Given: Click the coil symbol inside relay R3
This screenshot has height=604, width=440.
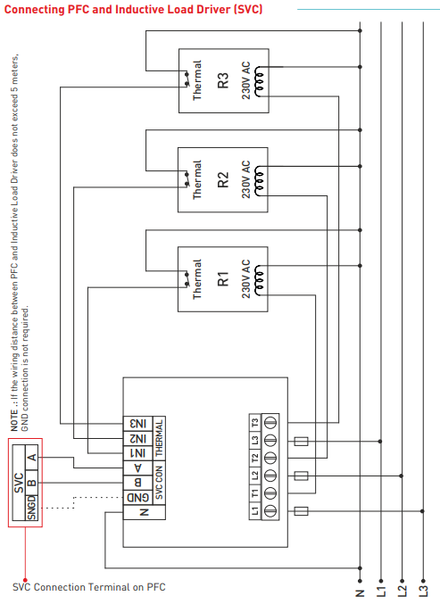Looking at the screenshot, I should point(260,81).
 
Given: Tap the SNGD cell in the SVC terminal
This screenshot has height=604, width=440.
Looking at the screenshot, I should point(31,510).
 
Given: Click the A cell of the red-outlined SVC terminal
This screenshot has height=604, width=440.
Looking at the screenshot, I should point(31,458).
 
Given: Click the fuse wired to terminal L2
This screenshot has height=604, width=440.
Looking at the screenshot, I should point(301,476).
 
